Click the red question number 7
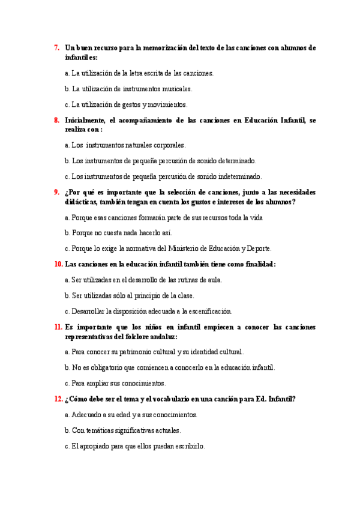coord(56,47)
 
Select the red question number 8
coord(56,120)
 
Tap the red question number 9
coord(56,192)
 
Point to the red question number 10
coord(58,264)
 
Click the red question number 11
coord(58,327)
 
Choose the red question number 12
coord(58,399)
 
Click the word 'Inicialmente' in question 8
coord(85,120)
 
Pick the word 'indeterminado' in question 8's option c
coord(241,176)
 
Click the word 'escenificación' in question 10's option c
coord(208,312)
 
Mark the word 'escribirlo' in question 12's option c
coord(188,447)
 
